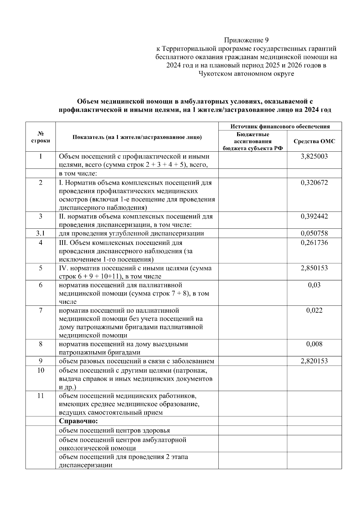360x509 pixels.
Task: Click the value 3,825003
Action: pyautogui.click(x=314, y=156)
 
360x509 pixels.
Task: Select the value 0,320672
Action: pyautogui.click(x=314, y=183)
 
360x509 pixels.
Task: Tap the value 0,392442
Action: pyautogui.click(x=314, y=216)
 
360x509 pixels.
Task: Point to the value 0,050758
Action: pyautogui.click(x=314, y=233)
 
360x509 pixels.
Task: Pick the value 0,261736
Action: pyautogui.click(x=314, y=243)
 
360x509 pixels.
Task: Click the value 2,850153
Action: pyautogui.click(x=314, y=268)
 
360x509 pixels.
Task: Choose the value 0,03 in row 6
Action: pyautogui.click(x=314, y=285)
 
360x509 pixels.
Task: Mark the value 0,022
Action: pyautogui.click(x=314, y=310)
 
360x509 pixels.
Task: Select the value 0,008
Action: pyautogui.click(x=314, y=344)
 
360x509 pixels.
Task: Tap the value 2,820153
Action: pyautogui.click(x=314, y=361)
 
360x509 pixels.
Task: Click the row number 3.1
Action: pyautogui.click(x=40, y=233)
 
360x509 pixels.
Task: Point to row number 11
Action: pyautogui.click(x=40, y=396)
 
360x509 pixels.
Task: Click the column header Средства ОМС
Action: pyautogui.click(x=314, y=141)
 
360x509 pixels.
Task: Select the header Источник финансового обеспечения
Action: pyautogui.click(x=280, y=126)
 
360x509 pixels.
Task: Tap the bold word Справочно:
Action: pyautogui.click(x=78, y=421)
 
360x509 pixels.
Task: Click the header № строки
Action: pyautogui.click(x=40, y=137)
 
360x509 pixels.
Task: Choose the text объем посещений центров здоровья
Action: pyautogui.click(x=114, y=430)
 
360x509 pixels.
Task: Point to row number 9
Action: pyautogui.click(x=40, y=361)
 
